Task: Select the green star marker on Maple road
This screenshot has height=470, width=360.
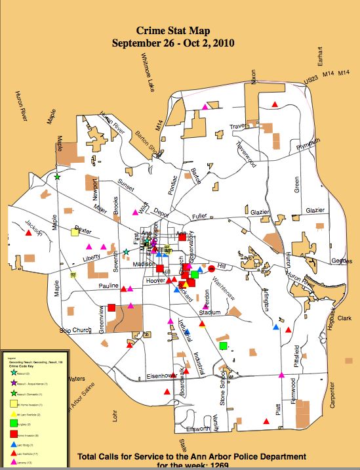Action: click(58, 177)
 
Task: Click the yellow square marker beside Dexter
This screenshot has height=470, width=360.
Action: click(75, 232)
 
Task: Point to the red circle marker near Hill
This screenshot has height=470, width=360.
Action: click(211, 268)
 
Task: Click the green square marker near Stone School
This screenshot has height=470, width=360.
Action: click(224, 345)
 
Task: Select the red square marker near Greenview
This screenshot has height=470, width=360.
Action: click(112, 307)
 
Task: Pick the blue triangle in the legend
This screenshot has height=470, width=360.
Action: click(14, 444)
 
